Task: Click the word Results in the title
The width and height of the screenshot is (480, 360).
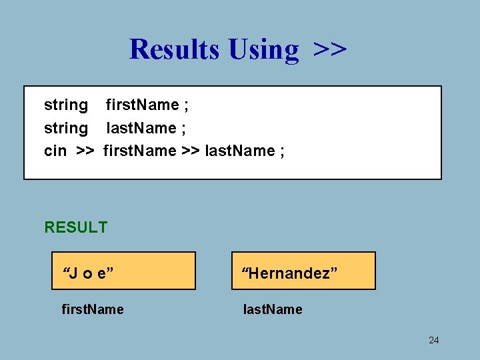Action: pos(174,49)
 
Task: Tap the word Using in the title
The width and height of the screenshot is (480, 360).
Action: pos(263,50)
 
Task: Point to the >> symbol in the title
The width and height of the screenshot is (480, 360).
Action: pos(329,49)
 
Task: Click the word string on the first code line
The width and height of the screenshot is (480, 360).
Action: pos(65,105)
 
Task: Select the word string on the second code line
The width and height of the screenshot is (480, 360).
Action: pos(65,128)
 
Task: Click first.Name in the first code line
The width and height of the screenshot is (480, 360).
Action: pos(142,105)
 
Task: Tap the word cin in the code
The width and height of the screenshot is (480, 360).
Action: pos(55,151)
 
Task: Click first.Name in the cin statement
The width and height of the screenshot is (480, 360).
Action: pos(139,151)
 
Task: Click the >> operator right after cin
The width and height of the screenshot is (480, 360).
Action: pos(85,151)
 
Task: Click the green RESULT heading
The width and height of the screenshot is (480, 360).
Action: pos(75,227)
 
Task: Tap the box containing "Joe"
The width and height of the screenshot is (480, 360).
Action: pos(124,271)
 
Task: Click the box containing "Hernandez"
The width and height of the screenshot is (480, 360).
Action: pos(303,271)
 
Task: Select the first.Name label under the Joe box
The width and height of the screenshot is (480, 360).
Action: pos(92,309)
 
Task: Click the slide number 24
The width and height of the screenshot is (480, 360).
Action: pos(433,341)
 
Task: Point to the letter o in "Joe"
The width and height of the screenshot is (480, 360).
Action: pos(88,274)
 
